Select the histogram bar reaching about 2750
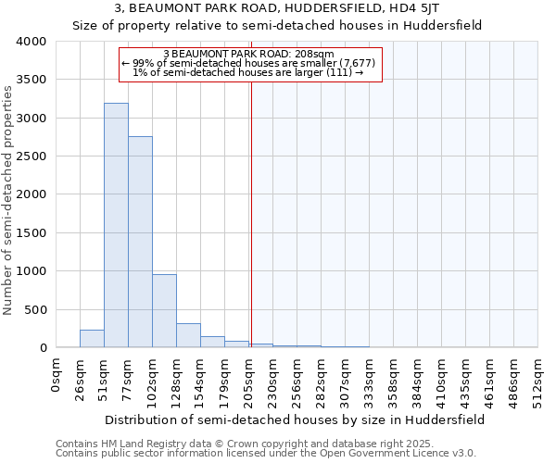coord(140,242)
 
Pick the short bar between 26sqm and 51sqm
coord(92,339)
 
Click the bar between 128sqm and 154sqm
coord(188,335)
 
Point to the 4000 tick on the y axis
coord(31,42)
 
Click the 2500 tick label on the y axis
coord(31,156)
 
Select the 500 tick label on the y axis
coord(34,310)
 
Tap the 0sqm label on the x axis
coord(57,375)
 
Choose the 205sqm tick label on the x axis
coord(249,378)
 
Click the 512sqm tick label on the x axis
coord(538,378)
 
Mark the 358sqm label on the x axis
coord(394,378)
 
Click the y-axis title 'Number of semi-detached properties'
coord(9,199)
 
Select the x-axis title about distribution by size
coord(295,419)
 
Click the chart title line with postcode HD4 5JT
coord(277,9)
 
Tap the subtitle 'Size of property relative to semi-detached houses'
coord(277,25)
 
